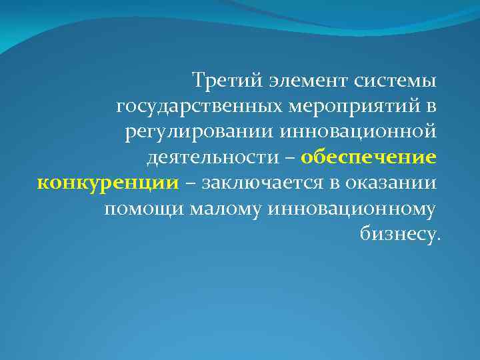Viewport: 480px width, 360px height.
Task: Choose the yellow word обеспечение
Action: point(369,157)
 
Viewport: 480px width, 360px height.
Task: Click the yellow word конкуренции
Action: point(107,183)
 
